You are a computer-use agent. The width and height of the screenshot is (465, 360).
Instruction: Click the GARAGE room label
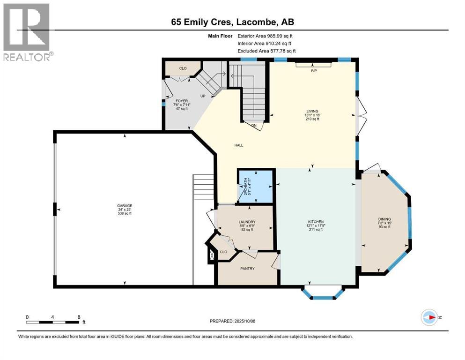tap(125, 205)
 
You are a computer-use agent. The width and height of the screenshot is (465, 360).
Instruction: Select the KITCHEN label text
tap(316, 222)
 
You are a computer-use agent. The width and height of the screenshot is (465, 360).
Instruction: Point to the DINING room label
tap(384, 219)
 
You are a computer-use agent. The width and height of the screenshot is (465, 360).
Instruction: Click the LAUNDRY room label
tap(246, 222)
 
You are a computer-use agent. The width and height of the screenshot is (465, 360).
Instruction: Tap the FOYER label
tap(182, 100)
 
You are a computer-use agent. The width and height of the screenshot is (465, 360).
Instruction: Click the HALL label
tap(239, 145)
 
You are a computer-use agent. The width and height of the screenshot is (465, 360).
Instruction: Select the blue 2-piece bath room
tap(255, 186)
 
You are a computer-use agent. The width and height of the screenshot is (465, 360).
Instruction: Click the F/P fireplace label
tap(314, 71)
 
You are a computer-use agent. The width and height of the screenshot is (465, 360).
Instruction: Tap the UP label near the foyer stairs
tap(203, 96)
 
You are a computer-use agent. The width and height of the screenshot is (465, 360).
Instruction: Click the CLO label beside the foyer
tap(183, 68)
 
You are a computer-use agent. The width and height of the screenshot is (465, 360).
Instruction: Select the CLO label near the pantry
tap(224, 252)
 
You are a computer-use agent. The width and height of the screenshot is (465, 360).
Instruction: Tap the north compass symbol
tap(429, 317)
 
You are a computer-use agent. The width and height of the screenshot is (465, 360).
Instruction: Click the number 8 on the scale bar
tap(78, 317)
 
